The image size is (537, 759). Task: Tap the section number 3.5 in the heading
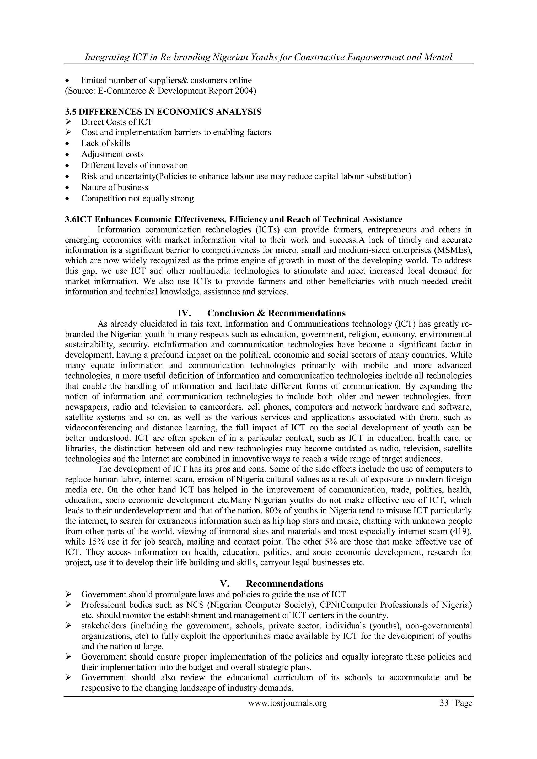(71, 112)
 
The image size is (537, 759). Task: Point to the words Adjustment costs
(112, 154)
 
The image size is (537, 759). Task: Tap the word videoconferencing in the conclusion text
(99, 428)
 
